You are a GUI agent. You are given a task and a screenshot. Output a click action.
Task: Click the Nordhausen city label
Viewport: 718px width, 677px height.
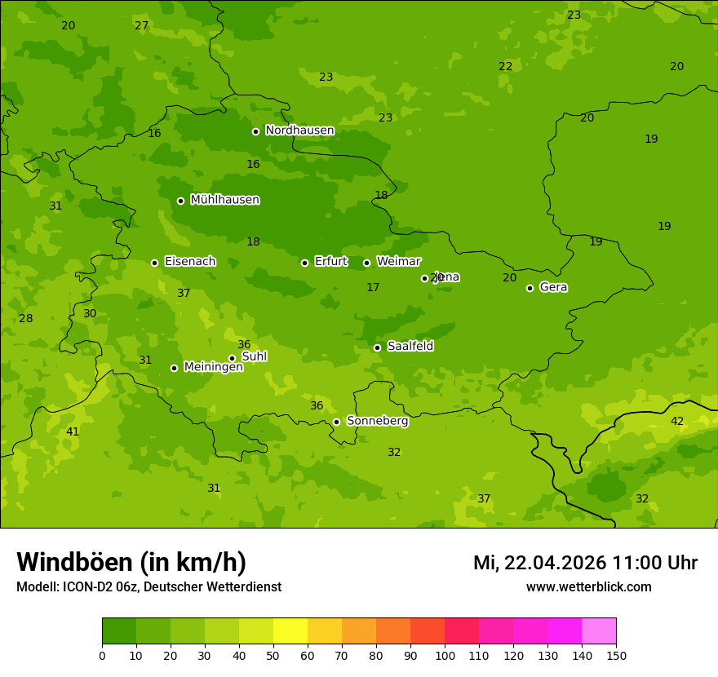299,131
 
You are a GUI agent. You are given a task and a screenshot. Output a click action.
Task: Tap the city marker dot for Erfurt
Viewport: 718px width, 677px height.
304,263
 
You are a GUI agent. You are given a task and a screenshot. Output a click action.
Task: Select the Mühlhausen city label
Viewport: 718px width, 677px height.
225,200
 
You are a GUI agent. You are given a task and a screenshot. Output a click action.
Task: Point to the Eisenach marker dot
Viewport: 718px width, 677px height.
154,263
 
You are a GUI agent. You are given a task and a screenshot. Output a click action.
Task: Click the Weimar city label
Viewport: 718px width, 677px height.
398,262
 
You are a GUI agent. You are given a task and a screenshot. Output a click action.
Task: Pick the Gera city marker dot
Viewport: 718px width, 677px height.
530,288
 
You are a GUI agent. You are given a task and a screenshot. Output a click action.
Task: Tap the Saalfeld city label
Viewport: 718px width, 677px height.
410,347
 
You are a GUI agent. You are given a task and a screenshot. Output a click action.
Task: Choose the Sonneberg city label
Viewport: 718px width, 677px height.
377,421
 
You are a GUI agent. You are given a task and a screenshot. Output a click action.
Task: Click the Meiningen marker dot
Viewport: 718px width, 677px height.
174,368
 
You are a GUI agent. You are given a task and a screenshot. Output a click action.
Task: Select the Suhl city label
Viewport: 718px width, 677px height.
254,356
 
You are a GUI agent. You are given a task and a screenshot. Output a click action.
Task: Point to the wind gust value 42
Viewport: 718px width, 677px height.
677,421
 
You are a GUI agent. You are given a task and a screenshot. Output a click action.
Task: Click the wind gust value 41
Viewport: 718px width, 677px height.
73,431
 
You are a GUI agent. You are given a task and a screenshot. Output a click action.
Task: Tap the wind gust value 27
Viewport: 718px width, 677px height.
141,25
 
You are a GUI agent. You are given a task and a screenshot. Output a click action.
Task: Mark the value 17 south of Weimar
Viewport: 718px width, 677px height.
373,287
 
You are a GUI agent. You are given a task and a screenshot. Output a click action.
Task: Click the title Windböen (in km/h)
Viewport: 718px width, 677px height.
131,562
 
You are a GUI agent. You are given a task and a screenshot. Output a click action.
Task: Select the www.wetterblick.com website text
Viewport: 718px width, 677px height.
588,586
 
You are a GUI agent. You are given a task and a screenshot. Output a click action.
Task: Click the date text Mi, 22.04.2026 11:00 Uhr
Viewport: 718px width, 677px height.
585,563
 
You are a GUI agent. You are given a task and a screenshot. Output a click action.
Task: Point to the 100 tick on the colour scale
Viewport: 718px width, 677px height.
445,655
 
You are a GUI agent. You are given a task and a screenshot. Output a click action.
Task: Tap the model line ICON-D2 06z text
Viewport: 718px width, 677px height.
148,586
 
